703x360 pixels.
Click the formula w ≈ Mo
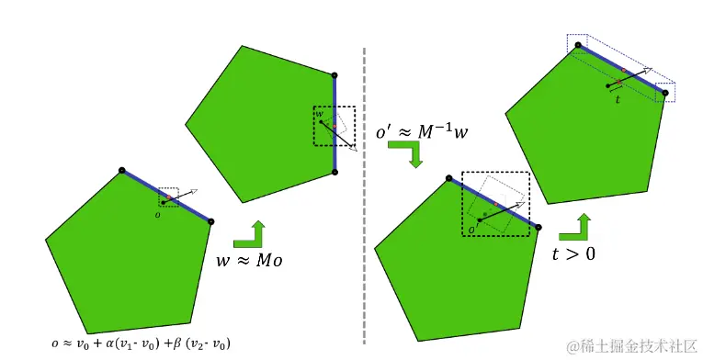click(x=249, y=261)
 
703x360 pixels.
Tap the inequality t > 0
click(x=573, y=252)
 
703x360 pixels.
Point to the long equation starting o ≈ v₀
click(x=141, y=343)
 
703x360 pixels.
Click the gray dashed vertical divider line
click(x=366, y=184)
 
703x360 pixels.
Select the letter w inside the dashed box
click(x=320, y=114)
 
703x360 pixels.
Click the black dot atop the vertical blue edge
click(x=334, y=74)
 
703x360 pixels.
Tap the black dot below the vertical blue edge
click(x=334, y=171)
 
